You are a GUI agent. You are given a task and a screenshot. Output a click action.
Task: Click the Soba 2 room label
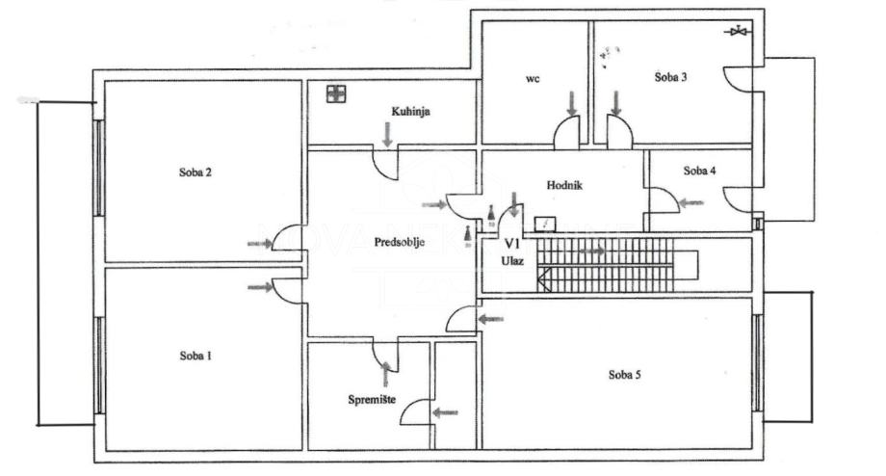[x=195, y=173]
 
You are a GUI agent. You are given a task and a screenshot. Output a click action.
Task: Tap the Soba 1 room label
[x=195, y=356]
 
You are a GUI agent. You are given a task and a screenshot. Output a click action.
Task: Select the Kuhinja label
[x=410, y=113]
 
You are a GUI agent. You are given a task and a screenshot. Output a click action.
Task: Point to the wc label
[x=532, y=80]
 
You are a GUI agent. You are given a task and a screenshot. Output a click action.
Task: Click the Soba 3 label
[x=670, y=78]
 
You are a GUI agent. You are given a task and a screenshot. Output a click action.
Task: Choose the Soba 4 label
[x=700, y=171]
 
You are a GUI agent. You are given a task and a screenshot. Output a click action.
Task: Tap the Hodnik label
[x=565, y=186]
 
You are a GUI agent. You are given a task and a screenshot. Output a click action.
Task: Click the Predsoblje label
[x=400, y=242]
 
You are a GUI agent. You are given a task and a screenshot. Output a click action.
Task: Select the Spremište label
[x=374, y=398]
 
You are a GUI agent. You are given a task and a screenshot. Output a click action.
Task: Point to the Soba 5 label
[x=625, y=375]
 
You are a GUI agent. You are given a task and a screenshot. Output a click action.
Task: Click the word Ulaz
[x=511, y=260]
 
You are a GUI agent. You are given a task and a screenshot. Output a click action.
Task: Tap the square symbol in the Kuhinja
[x=335, y=93]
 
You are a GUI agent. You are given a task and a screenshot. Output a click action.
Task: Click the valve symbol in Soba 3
[x=739, y=32]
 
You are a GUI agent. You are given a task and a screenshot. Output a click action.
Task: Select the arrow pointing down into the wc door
[x=572, y=102]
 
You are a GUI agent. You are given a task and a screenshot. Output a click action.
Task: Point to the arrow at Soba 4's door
[x=691, y=203]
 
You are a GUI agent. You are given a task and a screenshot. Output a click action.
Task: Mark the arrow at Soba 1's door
[x=260, y=287]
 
